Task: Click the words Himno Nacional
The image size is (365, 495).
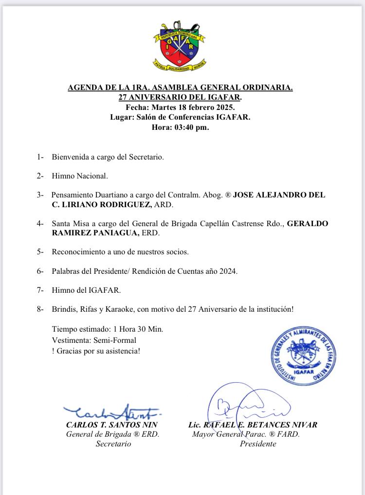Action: coord(76,176)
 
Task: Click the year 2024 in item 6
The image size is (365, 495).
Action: coord(228,271)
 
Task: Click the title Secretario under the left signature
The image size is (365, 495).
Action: coord(113,444)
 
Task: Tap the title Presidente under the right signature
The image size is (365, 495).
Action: coord(258,444)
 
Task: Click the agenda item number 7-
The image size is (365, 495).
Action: coord(40,290)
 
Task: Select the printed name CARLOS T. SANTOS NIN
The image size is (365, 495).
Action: coord(113,424)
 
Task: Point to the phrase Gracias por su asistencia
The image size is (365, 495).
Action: coord(98,351)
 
